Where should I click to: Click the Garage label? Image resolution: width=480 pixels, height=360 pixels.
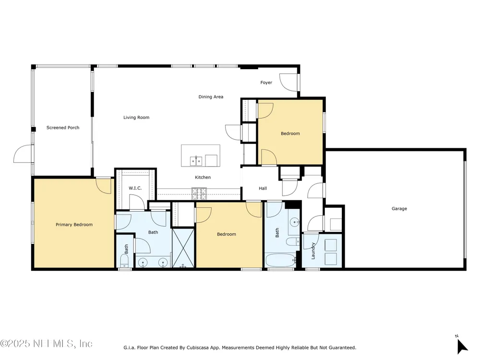point(399,209)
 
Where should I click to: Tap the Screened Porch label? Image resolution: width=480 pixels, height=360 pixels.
point(63,128)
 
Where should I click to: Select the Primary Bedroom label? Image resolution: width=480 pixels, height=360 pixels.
point(74,225)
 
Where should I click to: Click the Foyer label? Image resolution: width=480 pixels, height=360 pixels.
point(266,83)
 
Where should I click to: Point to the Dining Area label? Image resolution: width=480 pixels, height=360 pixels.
point(211,97)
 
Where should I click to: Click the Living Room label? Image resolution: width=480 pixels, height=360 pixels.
point(136,118)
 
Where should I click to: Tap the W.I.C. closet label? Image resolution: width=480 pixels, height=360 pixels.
point(135,188)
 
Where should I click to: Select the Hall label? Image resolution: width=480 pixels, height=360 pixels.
point(263,189)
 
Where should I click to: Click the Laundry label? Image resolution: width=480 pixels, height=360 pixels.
point(313,251)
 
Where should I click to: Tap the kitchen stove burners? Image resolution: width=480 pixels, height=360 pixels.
point(199,194)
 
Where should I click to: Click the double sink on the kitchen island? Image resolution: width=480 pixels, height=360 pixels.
point(196,161)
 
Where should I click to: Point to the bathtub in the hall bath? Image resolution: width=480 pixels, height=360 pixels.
point(280,260)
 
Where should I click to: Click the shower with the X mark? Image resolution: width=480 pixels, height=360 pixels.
point(183,248)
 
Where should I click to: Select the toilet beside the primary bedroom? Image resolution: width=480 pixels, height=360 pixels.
point(124,261)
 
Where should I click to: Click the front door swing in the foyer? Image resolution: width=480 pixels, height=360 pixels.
point(288,83)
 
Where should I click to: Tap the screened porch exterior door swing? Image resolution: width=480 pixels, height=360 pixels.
point(23,154)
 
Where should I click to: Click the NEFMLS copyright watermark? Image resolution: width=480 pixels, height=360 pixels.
point(46,344)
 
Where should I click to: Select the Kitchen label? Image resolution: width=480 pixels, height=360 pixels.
point(203,178)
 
